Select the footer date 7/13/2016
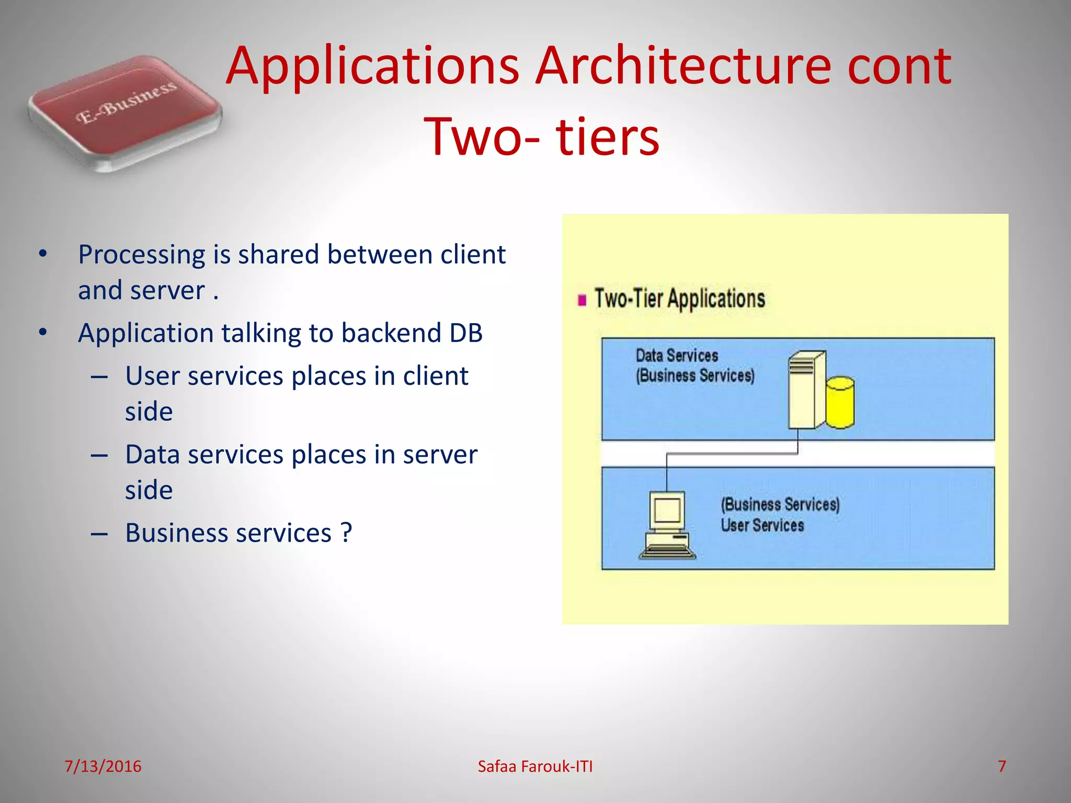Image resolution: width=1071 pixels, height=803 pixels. coord(102,766)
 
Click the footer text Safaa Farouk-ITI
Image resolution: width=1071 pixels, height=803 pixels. coord(535,766)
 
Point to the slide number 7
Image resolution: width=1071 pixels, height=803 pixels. coord(1001,766)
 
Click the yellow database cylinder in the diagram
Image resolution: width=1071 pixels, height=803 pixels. coord(840,403)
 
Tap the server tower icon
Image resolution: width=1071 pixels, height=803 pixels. coord(806,389)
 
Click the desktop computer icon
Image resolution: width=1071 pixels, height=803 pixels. coord(667,524)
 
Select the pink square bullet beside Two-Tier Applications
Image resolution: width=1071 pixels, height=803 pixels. coord(582,300)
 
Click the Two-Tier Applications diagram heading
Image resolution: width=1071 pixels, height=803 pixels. coord(679,299)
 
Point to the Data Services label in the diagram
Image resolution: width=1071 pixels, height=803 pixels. coord(677,356)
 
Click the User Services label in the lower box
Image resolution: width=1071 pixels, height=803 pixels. coord(762,525)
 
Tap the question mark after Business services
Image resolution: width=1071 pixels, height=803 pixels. coord(346,533)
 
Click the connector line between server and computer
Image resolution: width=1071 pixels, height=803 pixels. coord(732,454)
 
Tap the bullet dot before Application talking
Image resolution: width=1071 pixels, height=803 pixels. coord(43,332)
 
